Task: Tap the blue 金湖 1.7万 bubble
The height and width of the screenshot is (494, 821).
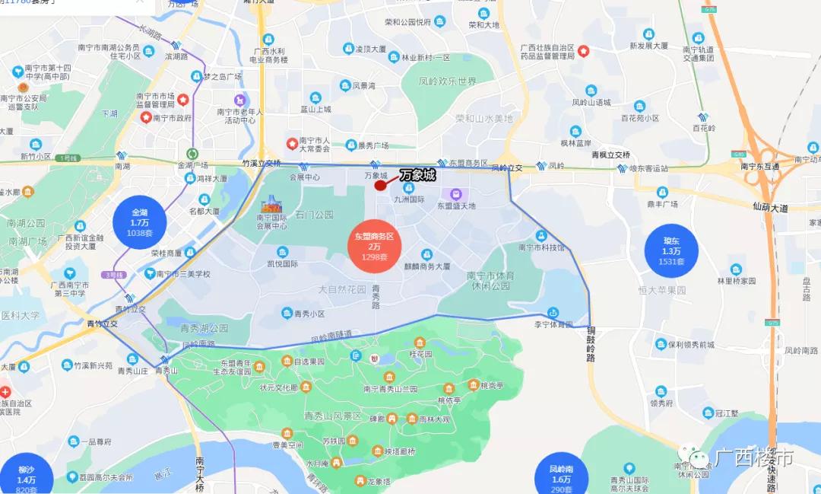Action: [x=140, y=223]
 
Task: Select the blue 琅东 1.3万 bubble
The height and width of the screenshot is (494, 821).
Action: [x=672, y=250]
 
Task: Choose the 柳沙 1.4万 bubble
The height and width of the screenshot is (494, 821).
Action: [x=27, y=477]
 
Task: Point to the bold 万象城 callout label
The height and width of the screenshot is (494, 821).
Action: [x=418, y=175]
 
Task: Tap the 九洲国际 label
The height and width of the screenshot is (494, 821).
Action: [x=410, y=199]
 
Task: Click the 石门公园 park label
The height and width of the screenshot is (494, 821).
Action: [x=315, y=215]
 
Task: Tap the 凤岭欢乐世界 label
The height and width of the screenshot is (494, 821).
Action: [x=448, y=81]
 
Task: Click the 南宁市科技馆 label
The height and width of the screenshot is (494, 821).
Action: [x=541, y=247]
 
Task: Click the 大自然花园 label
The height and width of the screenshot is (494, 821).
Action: [x=342, y=289]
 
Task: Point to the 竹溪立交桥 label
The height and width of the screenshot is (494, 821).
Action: [x=262, y=163]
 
